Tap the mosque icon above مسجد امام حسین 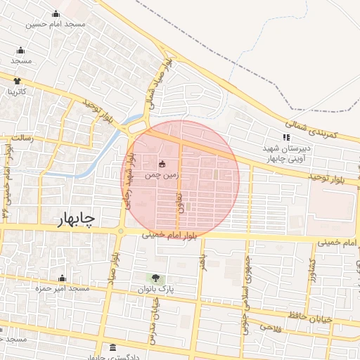pos(56,14)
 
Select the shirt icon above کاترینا pos(18,81)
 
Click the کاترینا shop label pos(17,91)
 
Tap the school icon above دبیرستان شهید pos(285,138)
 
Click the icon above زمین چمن pos(162,165)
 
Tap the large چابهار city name pos(74,221)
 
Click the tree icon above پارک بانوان pos(156,279)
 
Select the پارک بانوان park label pos(156,289)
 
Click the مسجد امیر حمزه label pos(63,288)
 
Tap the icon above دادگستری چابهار pos(113,348)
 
